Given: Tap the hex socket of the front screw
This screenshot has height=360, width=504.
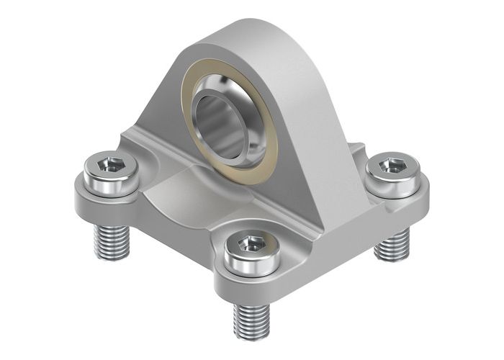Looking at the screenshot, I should pos(251,245).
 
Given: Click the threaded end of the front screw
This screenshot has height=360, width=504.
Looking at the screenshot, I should pos(251,320).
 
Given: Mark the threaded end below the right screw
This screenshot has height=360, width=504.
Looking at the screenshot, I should pos(392,245).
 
